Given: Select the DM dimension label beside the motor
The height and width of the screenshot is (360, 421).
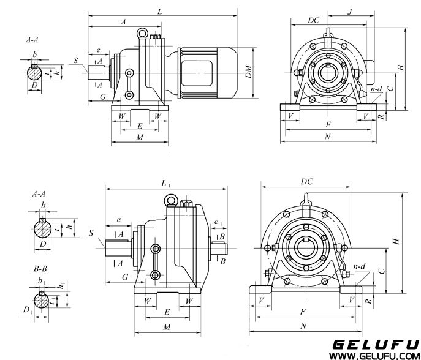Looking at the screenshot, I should pyautogui.click(x=248, y=74).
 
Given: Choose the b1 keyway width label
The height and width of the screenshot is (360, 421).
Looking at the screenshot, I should pyautogui.click(x=41, y=282).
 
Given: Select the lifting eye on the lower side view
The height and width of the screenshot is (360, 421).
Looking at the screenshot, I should pyautogui.click(x=169, y=200).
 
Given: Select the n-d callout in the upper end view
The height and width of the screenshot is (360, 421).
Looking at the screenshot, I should pyautogui.click(x=376, y=89).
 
